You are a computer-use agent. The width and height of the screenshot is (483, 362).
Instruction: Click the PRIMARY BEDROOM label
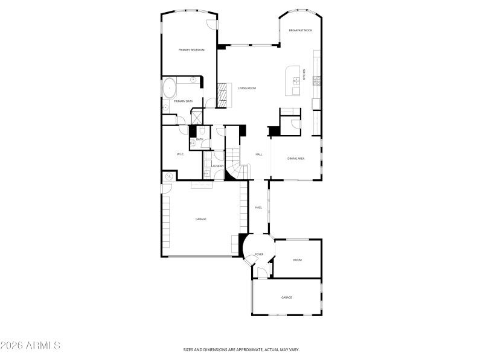click(x=192, y=49)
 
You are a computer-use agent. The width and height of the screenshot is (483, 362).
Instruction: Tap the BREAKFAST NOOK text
click(x=300, y=30)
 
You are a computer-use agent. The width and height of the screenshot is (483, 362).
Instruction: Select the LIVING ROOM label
click(x=246, y=88)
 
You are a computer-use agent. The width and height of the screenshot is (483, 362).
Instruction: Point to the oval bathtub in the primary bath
click(x=170, y=88)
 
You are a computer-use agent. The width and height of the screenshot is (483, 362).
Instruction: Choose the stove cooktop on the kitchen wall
click(x=316, y=80)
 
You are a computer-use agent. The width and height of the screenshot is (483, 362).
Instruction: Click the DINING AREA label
click(x=296, y=159)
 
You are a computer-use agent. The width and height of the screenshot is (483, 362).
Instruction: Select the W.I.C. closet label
click(x=180, y=154)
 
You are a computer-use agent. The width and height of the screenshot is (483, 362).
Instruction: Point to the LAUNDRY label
click(x=218, y=166)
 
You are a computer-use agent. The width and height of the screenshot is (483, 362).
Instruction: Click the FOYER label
click(x=259, y=254)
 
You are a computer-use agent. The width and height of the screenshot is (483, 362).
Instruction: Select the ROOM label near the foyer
click(x=297, y=260)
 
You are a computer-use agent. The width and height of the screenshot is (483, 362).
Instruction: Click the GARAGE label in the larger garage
click(x=200, y=219)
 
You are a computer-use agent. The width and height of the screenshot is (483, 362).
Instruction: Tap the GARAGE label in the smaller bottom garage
click(x=286, y=297)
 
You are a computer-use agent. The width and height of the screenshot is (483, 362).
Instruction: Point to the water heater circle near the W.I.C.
click(x=168, y=177)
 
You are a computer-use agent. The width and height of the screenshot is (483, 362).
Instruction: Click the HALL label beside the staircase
click(x=258, y=154)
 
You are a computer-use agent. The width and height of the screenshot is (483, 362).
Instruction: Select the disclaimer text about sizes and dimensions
click(x=241, y=349)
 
